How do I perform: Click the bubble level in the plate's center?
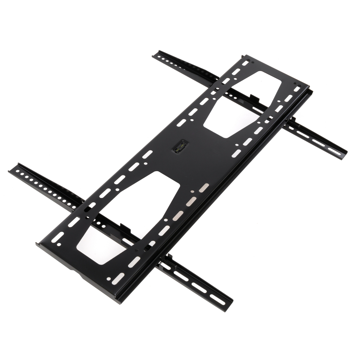coord(180,146)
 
